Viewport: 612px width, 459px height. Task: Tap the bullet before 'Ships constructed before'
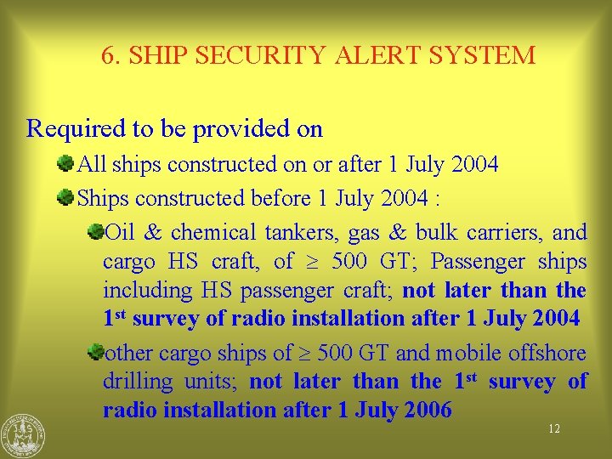point(65,197)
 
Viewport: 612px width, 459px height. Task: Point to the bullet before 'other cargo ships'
point(95,350)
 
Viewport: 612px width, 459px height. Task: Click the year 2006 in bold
point(428,410)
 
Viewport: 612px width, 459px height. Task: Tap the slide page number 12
point(553,429)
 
